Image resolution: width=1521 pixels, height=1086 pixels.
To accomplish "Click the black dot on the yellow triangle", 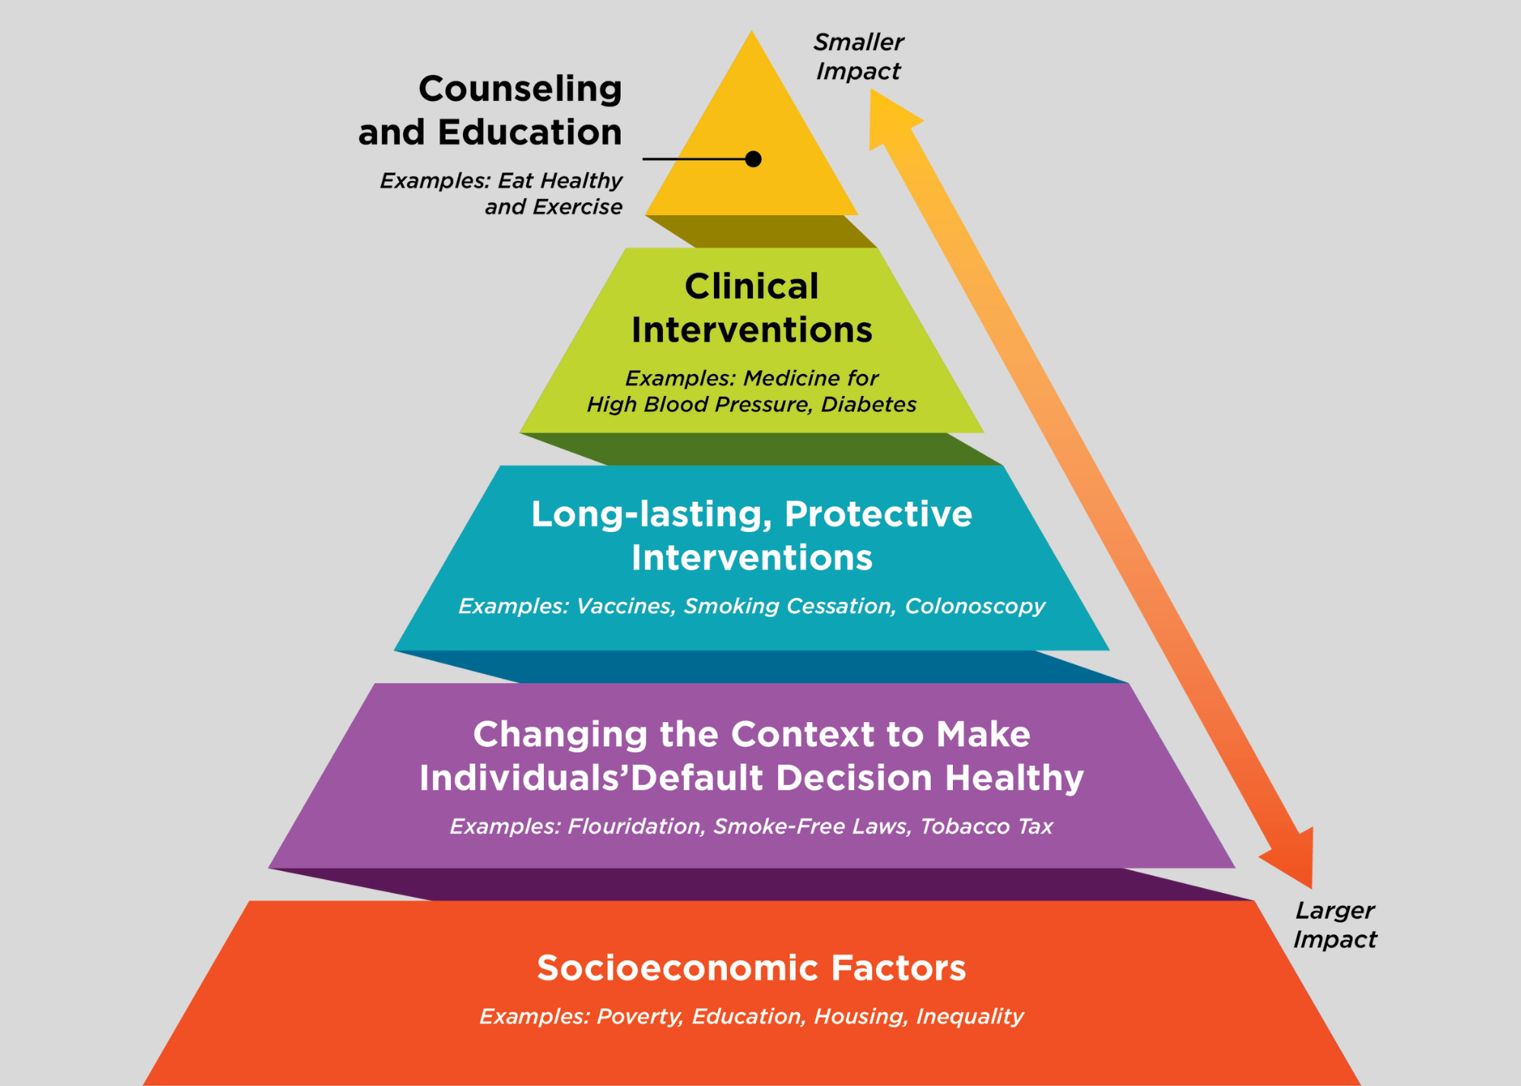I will [753, 159].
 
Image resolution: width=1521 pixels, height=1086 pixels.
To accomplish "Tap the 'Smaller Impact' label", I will [859, 56].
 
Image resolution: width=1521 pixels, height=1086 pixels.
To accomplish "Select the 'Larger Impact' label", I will [1335, 925].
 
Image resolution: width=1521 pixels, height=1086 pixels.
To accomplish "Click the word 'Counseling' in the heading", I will [520, 89].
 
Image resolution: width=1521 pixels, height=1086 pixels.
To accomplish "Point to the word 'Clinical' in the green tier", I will [751, 287].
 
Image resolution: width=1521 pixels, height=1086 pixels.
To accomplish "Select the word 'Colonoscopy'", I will [975, 606].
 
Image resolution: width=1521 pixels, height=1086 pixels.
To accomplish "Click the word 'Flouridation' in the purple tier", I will [635, 826].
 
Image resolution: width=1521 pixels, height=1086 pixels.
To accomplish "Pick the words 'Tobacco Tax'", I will [986, 826].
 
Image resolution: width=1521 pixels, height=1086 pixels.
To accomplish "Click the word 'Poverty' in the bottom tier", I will [639, 1016].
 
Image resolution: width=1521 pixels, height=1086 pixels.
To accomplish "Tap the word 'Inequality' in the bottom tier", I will [970, 1016].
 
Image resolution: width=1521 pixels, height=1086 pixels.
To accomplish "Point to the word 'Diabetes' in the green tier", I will [868, 404].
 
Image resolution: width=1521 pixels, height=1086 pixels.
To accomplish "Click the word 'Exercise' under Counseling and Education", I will [577, 207].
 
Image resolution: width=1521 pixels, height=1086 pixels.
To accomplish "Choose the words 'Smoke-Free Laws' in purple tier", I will [811, 826].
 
